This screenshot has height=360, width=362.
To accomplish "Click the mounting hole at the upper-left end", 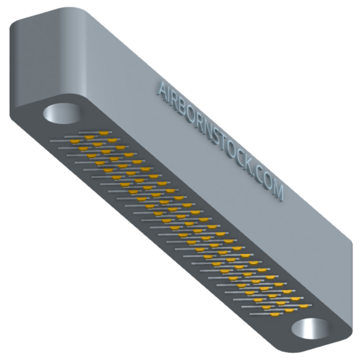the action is pyautogui.click(x=62, y=114).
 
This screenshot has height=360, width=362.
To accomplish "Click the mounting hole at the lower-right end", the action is pyautogui.click(x=310, y=329).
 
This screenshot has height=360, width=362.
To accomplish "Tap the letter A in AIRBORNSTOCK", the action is pyautogui.click(x=164, y=91).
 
